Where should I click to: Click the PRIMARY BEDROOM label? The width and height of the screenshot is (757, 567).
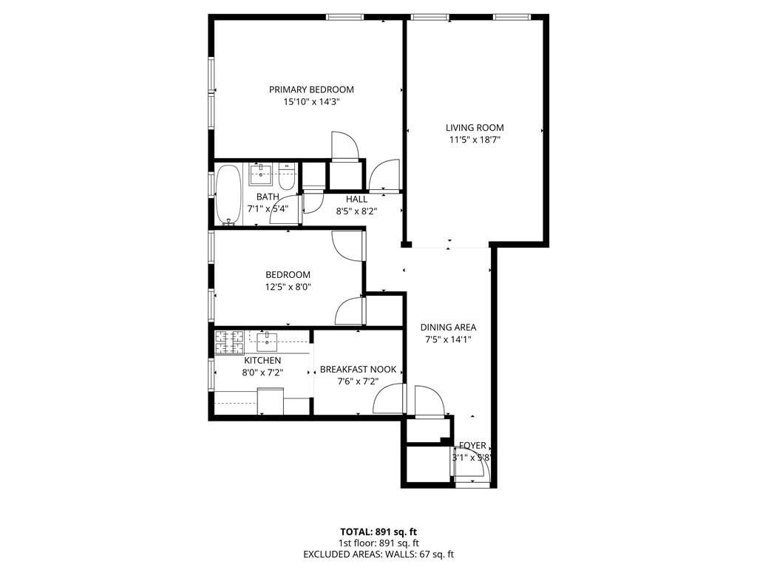point(311,89)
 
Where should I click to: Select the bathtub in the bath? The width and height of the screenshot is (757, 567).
point(228,194)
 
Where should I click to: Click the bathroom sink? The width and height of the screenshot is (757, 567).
point(260,175)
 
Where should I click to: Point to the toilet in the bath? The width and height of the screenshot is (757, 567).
point(288,177)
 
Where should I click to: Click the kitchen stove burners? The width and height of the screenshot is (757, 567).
point(229,341)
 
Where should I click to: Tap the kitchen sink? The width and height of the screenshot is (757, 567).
point(267,341)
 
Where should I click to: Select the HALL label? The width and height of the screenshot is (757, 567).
point(356,199)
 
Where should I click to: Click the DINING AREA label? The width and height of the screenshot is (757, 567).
point(448,327)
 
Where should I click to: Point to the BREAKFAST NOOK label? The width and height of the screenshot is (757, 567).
point(358,370)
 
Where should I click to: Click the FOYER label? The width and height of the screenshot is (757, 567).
point(472,446)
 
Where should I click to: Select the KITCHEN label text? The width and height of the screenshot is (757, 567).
point(262,361)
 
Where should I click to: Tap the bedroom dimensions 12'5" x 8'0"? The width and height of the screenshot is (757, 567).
point(288,287)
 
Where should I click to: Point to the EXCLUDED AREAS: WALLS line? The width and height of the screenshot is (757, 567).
point(378,554)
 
